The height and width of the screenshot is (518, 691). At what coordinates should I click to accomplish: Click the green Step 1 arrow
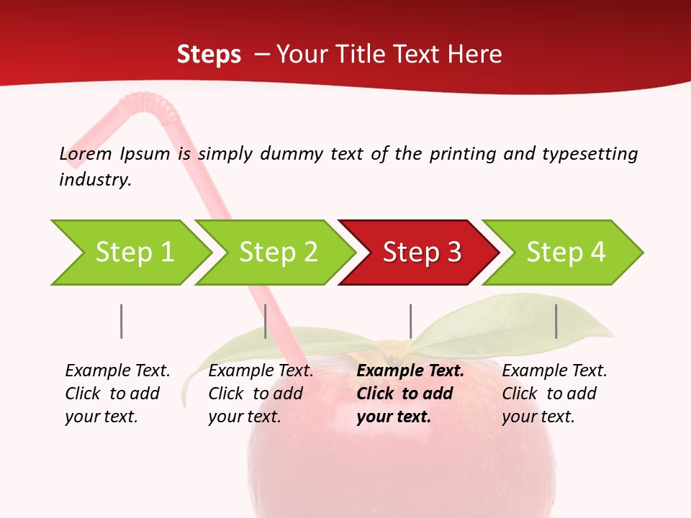(130, 253)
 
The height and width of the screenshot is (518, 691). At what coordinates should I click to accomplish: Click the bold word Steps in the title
(209, 54)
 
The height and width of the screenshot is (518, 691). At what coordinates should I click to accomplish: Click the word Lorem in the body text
(85, 153)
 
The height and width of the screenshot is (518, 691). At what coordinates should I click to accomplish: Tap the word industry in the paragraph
(95, 179)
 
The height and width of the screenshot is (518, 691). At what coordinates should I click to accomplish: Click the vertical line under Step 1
(122, 321)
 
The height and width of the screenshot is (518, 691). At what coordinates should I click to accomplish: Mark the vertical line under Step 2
(266, 321)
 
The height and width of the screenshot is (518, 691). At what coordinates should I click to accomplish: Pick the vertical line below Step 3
(410, 321)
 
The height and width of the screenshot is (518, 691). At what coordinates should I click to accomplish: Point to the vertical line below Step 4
(556, 321)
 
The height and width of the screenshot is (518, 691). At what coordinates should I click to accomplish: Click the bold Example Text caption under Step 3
(409, 394)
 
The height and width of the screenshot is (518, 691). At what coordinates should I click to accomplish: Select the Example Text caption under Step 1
(117, 394)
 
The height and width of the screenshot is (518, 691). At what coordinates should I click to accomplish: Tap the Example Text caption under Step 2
(260, 394)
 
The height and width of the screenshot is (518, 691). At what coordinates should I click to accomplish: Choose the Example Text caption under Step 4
(554, 394)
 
